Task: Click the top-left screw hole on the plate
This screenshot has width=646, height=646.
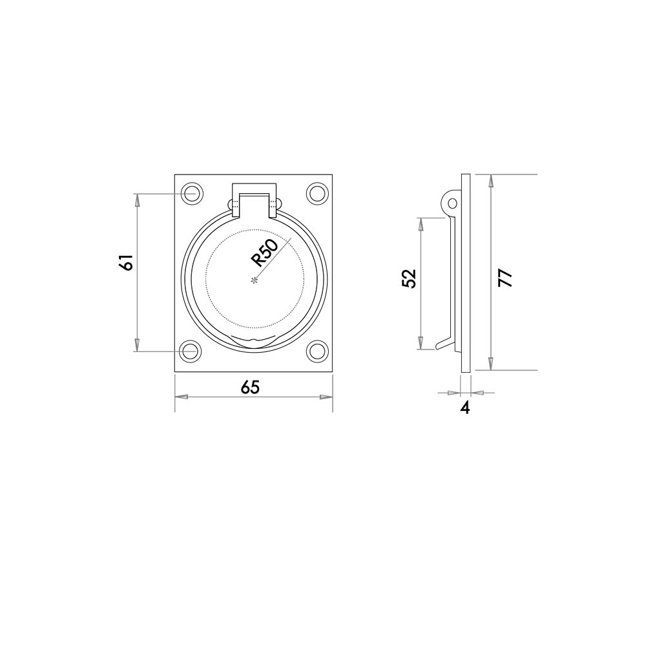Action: pyautogui.click(x=191, y=193)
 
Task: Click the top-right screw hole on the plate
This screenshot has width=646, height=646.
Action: pyautogui.click(x=317, y=193)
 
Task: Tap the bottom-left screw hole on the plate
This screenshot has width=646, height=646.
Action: pyautogui.click(x=191, y=351)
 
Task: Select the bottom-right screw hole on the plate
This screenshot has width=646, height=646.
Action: pyautogui.click(x=317, y=351)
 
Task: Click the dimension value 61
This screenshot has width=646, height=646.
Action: pyautogui.click(x=127, y=262)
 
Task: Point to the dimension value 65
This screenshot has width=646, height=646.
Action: pyautogui.click(x=250, y=387)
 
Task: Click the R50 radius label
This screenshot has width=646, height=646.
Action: pyautogui.click(x=265, y=253)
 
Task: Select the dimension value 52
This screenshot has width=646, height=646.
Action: pyautogui.click(x=410, y=278)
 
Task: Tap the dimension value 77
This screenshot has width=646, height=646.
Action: pyautogui.click(x=505, y=278)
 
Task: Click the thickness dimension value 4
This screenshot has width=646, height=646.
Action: pyautogui.click(x=465, y=408)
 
